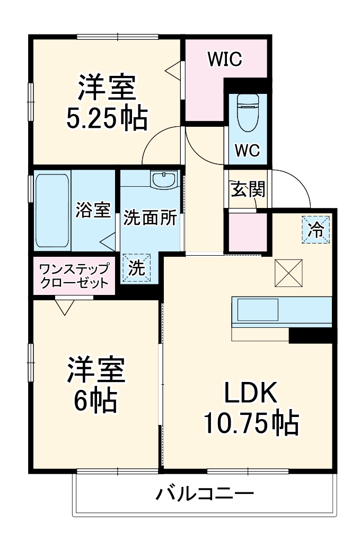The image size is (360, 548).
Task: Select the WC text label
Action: coord(247,151)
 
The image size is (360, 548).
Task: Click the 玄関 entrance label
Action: coord(247,189)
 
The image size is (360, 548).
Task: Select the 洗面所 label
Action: coord(151,219)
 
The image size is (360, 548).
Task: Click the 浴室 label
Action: coord(93,210)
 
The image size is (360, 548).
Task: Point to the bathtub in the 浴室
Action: coord(51,211)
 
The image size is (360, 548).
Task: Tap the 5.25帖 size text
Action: coord(107,120)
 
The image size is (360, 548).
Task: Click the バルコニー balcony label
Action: coord(205,494)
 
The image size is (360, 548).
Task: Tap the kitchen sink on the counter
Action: coord(258,310)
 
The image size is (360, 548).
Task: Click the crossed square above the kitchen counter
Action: coord(288,273)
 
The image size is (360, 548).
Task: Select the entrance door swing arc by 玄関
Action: coord(294,186)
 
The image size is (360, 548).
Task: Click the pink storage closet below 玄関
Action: coord(247,232)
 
